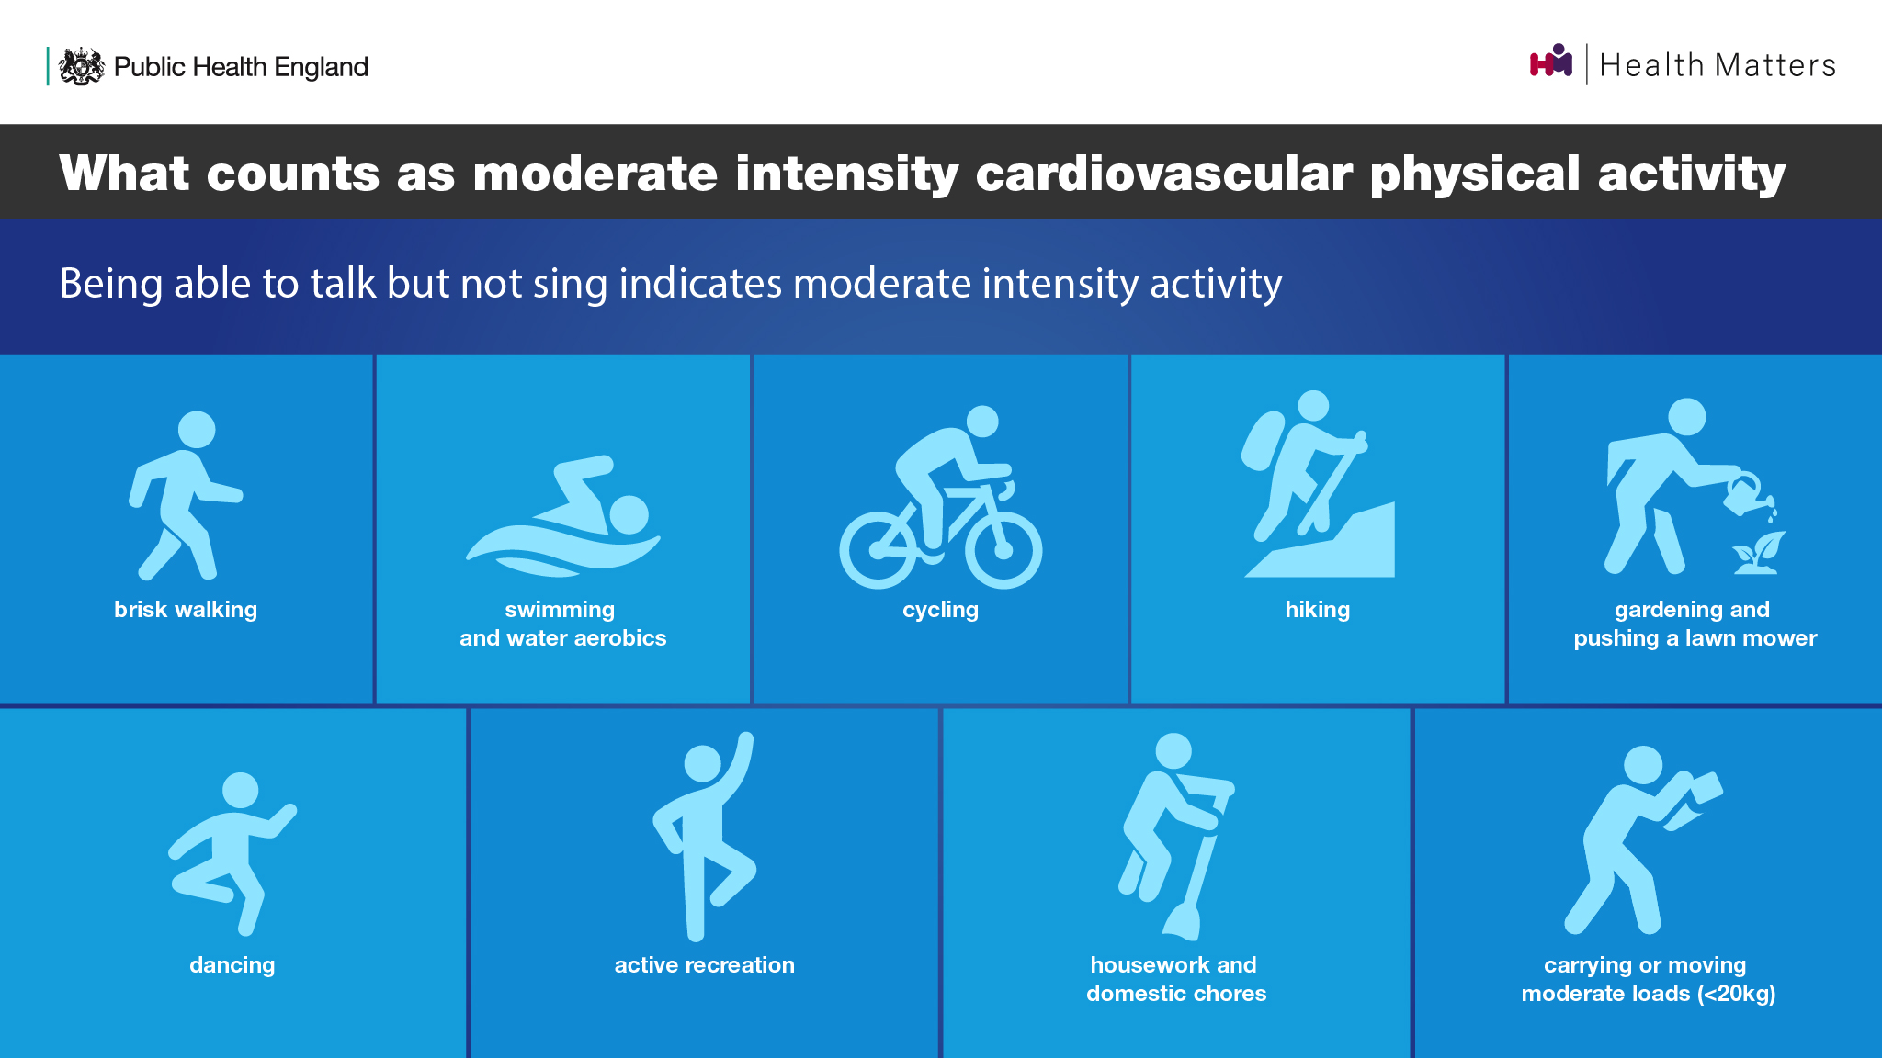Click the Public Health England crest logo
click(82, 66)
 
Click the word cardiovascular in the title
click(1163, 174)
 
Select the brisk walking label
click(186, 610)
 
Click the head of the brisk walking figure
click(197, 429)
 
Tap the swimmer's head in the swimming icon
click(629, 514)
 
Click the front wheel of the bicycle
click(1003, 550)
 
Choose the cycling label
click(941, 610)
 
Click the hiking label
click(1318, 610)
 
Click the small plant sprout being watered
click(1759, 553)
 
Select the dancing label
click(232, 965)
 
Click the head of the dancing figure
click(241, 791)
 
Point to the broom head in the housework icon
click(1182, 921)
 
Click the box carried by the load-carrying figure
click(1706, 787)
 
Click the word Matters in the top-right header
click(1775, 65)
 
